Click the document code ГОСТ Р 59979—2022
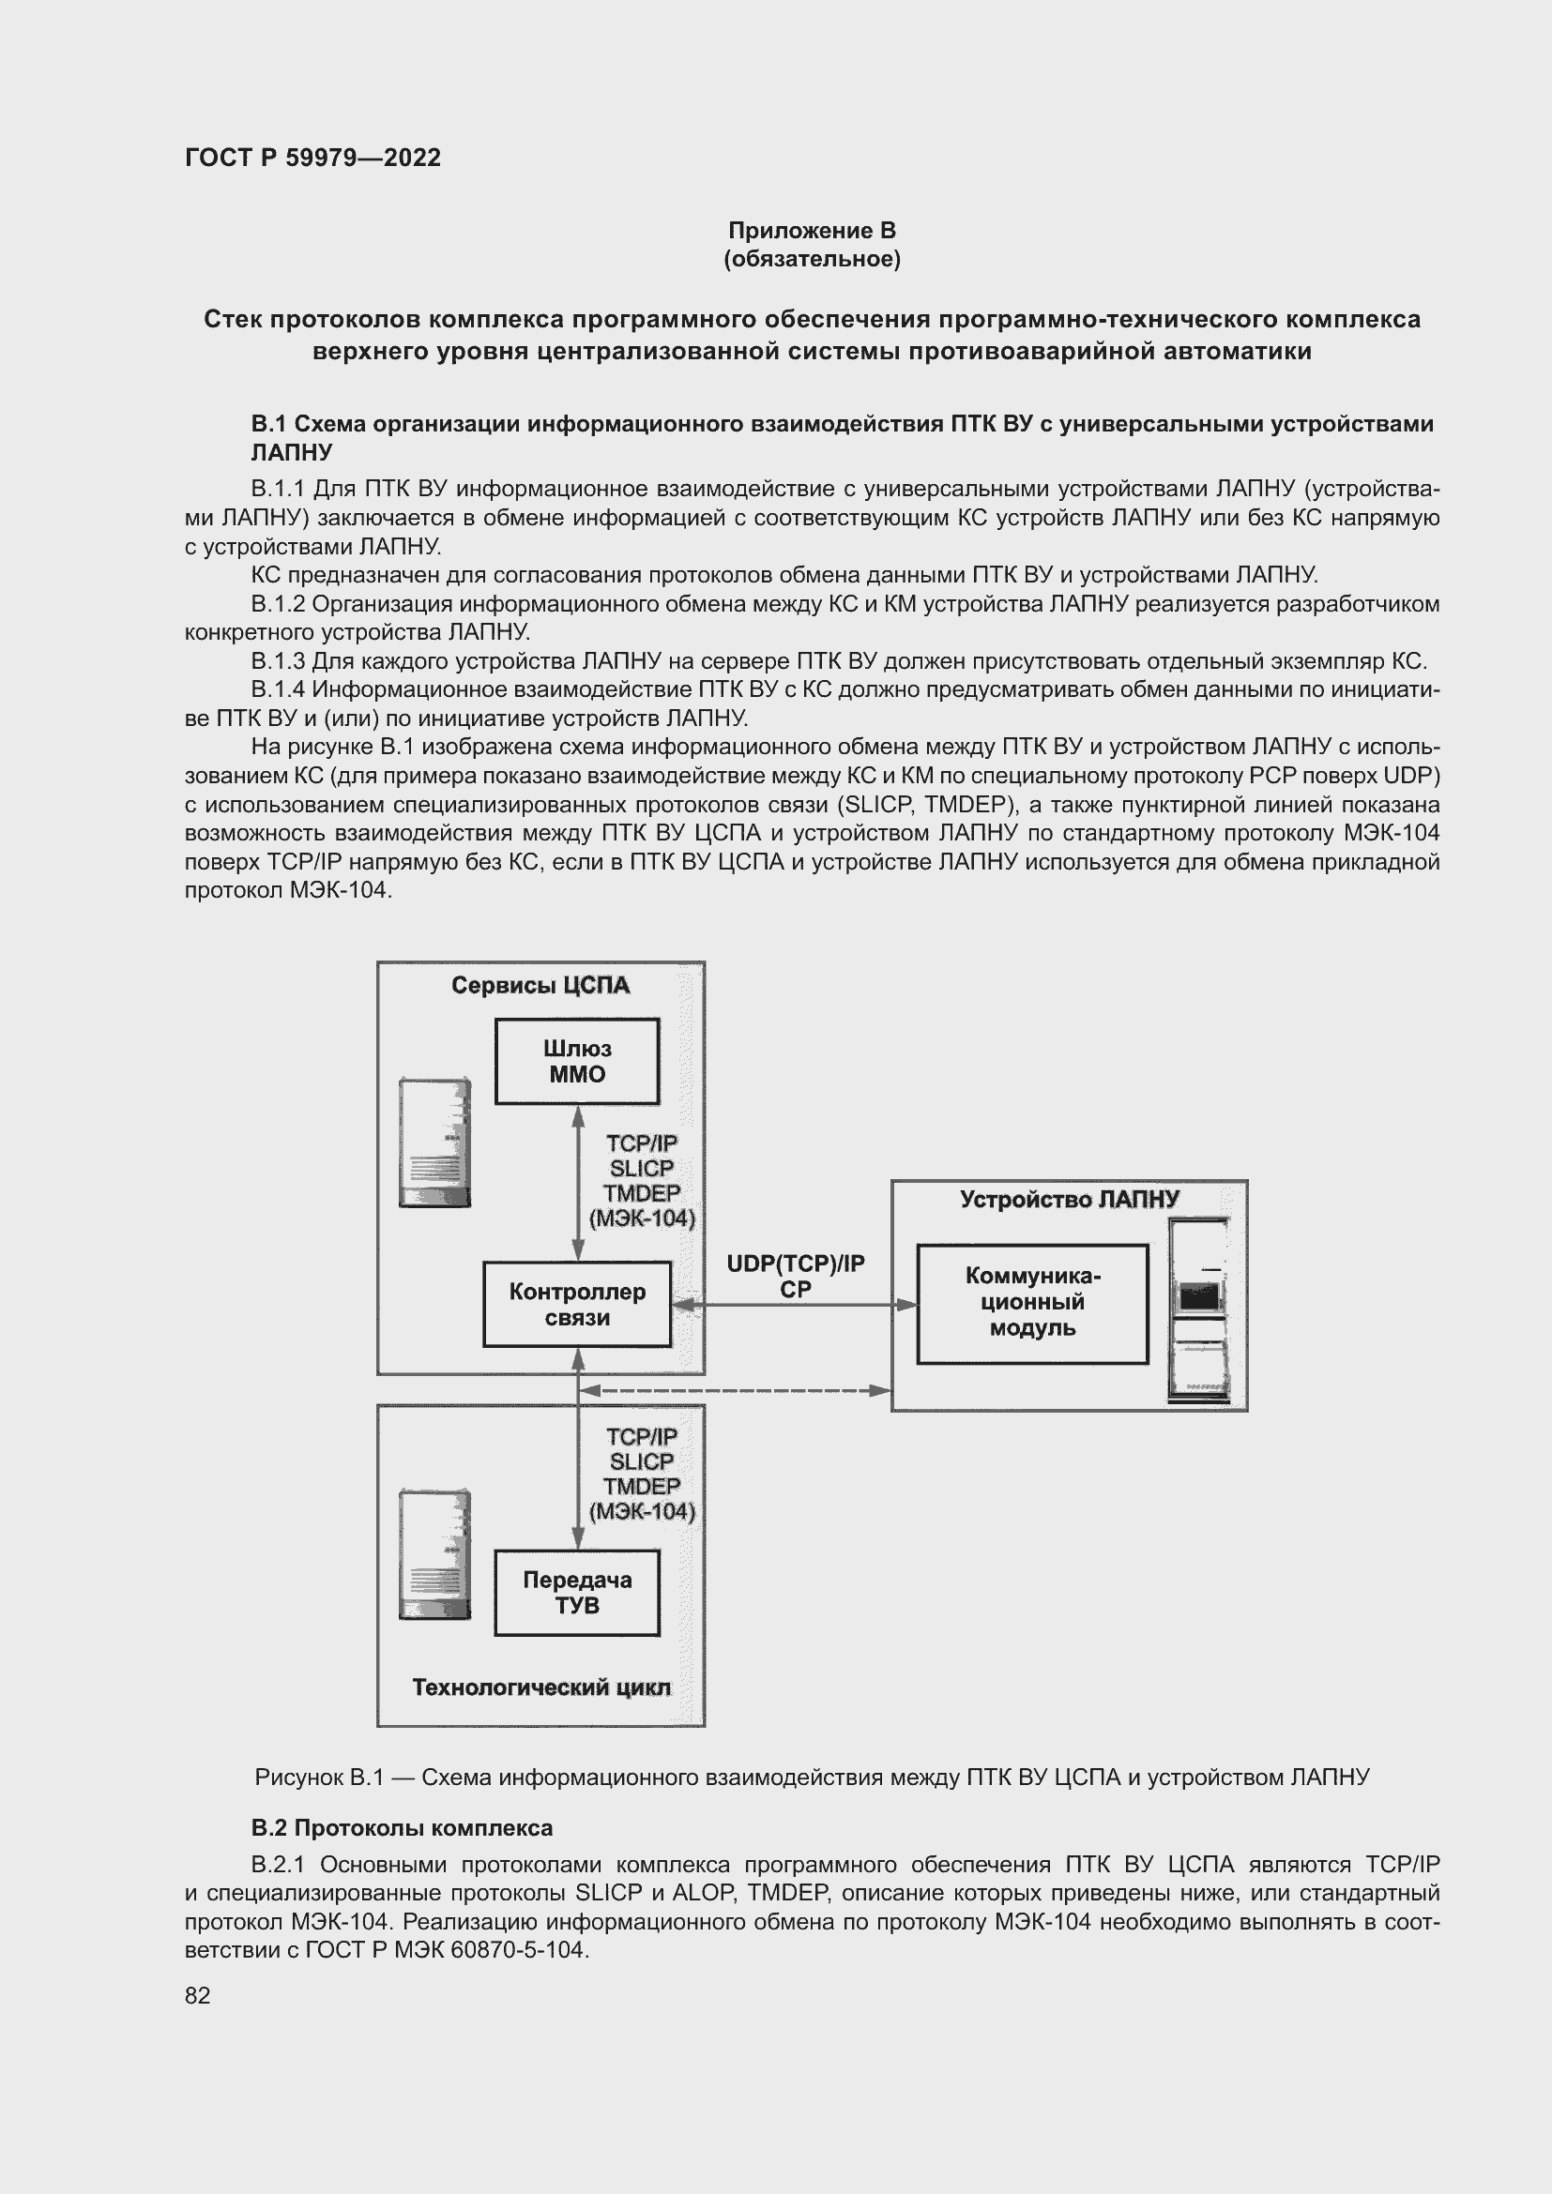pos(312,158)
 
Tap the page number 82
pos(197,1995)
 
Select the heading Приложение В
pos(812,231)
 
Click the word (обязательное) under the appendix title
pos(812,260)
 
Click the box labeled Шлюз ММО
pos(576,1062)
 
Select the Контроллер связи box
pos(576,1305)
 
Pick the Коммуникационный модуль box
pos(1031,1304)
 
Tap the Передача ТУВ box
pos(576,1593)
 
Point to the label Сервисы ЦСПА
pos(540,985)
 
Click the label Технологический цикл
pos(540,1687)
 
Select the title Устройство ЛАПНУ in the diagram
pos(1069,1200)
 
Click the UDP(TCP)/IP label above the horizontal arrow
pos(795,1263)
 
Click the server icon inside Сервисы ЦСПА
pos(434,1142)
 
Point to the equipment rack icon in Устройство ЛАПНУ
pos(1198,1310)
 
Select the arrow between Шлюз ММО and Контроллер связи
pos(578,1183)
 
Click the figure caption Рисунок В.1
pos(318,1778)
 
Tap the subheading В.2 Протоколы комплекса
pos(402,1828)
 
